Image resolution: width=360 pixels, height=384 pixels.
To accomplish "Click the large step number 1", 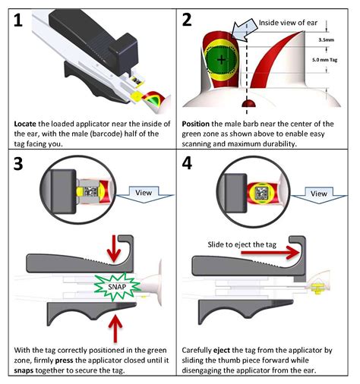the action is click(x=18, y=20).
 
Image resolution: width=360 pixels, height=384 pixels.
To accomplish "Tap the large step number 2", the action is click(x=187, y=20).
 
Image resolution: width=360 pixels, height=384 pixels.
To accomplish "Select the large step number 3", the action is click(x=18, y=164).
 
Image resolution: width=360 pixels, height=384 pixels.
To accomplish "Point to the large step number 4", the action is click(x=187, y=163).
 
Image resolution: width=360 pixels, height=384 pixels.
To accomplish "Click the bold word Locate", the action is click(x=25, y=124).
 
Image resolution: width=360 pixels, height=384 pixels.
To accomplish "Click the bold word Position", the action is click(x=195, y=124).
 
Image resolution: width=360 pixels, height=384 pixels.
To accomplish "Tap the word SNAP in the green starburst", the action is click(x=117, y=287).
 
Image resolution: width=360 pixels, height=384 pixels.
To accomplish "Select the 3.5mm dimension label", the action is click(x=326, y=39).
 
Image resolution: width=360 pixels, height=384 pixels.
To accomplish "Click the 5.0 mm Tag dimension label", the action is click(x=324, y=60).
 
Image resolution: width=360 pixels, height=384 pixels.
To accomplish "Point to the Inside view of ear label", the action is click(x=288, y=23).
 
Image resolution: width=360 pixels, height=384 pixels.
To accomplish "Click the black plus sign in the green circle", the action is click(x=222, y=60).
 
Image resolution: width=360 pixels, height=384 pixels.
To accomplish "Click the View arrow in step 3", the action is click(x=144, y=194).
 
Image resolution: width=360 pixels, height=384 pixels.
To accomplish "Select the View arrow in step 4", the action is click(x=320, y=194).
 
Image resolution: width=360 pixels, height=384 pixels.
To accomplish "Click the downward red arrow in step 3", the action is click(x=114, y=249).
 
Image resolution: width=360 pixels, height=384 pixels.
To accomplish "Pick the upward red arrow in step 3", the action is click(x=115, y=328).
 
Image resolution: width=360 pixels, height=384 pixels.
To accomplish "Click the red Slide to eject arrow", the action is click(x=270, y=253).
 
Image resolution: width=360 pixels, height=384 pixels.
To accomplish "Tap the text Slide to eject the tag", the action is click(x=242, y=244).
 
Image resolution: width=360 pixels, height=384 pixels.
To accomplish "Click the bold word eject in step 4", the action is click(x=222, y=351).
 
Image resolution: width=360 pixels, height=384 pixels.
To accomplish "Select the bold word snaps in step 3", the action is click(x=24, y=371).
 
